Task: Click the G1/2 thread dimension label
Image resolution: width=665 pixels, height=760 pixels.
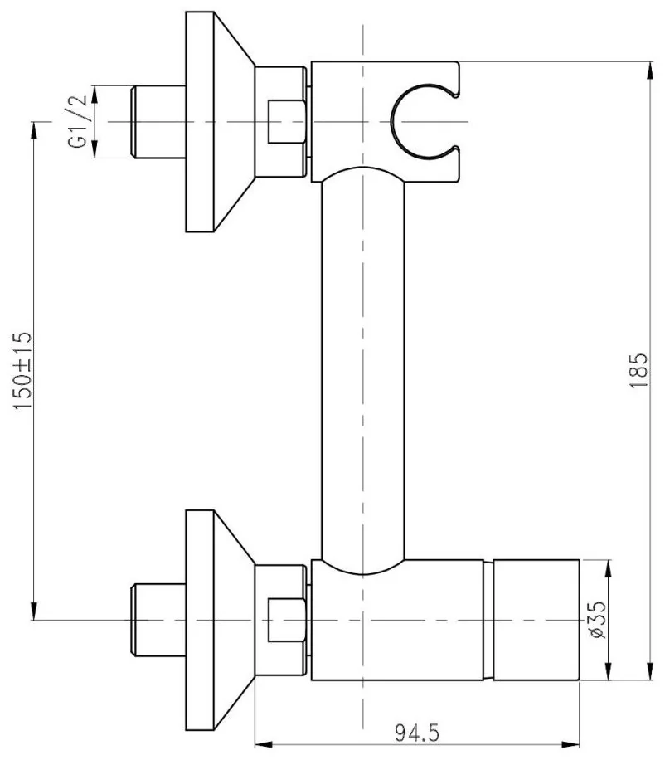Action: coord(77,121)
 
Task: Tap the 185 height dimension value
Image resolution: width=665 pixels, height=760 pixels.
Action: coord(638,370)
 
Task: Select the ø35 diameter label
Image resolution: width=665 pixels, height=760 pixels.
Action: coord(599,620)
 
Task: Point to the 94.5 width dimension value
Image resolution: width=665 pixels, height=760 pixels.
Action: coord(417,733)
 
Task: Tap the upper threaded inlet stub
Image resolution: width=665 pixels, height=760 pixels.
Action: coord(158,121)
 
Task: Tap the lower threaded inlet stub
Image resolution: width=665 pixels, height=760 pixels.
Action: coord(158,620)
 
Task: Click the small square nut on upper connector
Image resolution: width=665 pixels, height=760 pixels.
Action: coord(287,121)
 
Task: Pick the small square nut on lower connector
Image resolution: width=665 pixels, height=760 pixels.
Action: coord(287,620)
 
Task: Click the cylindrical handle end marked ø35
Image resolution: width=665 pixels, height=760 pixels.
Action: coord(536,620)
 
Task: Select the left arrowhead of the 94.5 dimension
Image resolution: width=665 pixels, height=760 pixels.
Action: coord(264,744)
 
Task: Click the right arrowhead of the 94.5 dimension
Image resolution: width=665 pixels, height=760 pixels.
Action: coord(571,744)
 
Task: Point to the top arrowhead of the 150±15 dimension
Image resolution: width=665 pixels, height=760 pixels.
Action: coord(34,131)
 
